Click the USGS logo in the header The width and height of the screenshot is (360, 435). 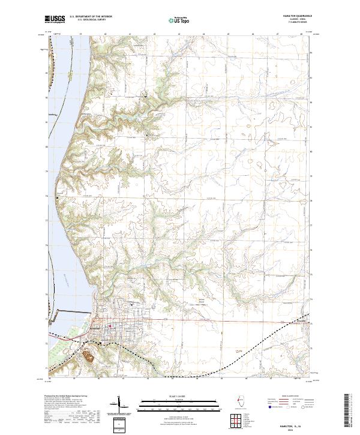click(x=55, y=19)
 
